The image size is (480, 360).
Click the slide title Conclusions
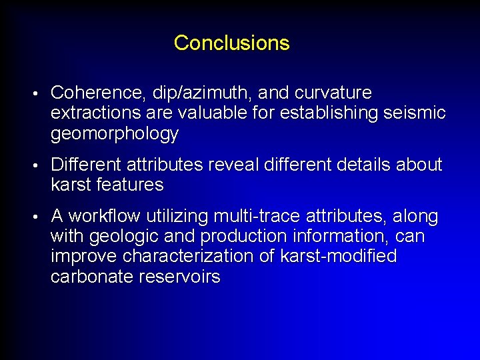click(x=231, y=43)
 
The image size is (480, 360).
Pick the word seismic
click(x=415, y=113)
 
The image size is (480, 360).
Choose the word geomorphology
click(x=115, y=134)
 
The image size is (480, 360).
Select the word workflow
click(x=105, y=217)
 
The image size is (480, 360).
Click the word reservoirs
click(x=178, y=277)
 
